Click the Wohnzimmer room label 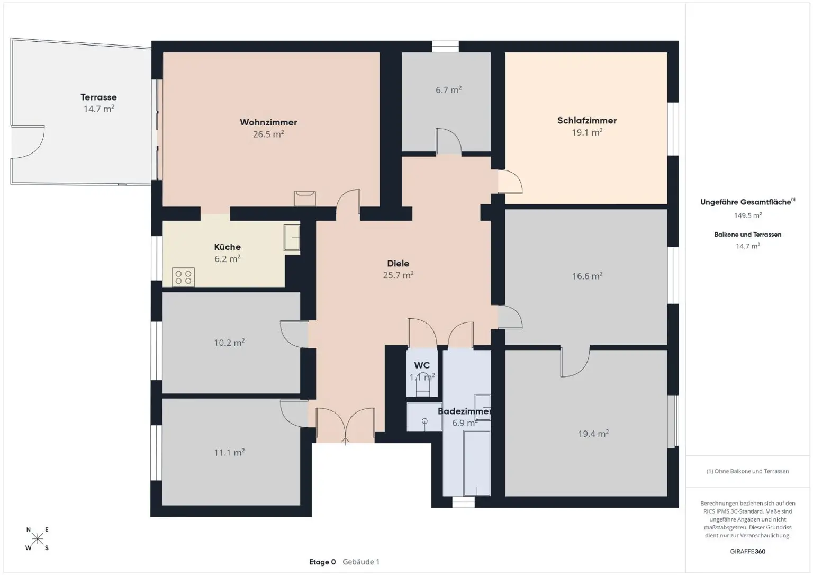[268, 122]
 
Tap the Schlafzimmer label [587, 120]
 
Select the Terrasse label [98, 97]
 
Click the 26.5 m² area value [268, 134]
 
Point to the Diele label [398, 263]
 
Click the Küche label [227, 247]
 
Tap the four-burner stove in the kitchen [183, 277]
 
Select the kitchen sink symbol [291, 237]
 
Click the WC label [422, 365]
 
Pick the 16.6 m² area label [587, 276]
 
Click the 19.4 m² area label [593, 434]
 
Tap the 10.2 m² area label [229, 343]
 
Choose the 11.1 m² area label [229, 452]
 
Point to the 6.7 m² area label [448, 90]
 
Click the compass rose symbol [37, 539]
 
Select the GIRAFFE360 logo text [747, 551]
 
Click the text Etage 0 [322, 562]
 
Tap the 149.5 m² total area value [747, 215]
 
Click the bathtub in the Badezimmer [476, 462]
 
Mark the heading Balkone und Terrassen [747, 235]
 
